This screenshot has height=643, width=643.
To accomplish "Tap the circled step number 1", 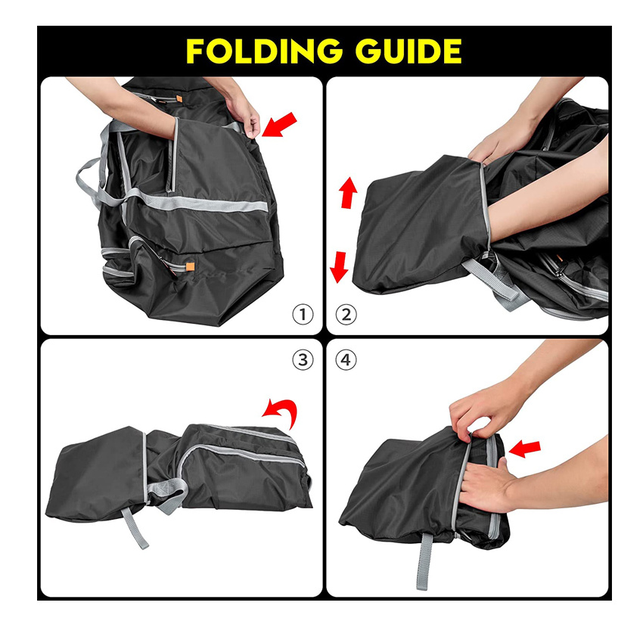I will tap(303, 315).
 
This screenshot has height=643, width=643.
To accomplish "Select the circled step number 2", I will tap(345, 315).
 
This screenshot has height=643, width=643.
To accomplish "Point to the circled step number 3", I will tap(303, 359).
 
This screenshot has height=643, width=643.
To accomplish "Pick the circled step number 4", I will tap(345, 359).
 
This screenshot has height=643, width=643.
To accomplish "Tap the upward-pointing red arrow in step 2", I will tap(348, 193).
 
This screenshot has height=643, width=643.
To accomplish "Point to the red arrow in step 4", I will tap(526, 449).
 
